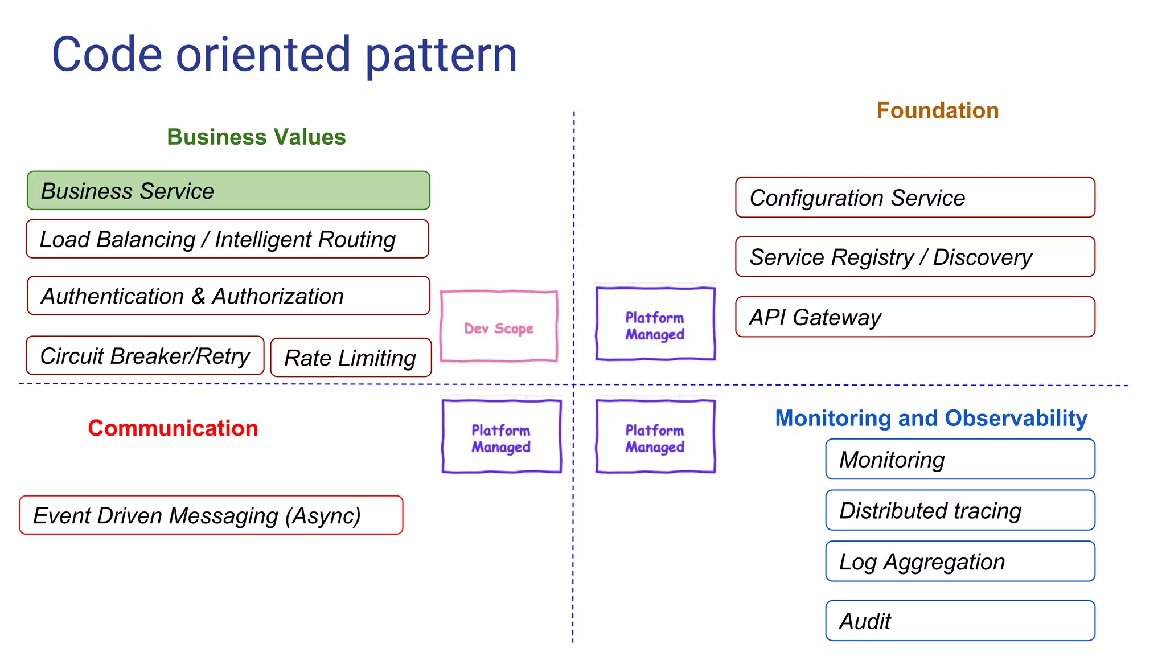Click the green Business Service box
[x=228, y=191]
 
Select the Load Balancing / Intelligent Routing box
[x=227, y=239]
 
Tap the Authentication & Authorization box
[x=228, y=296]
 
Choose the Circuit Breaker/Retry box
[x=145, y=356]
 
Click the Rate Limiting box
[x=351, y=358]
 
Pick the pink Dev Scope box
[x=499, y=327]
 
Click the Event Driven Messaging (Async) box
[x=211, y=515]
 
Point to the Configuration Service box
[x=915, y=198]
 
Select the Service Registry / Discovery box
[x=915, y=257]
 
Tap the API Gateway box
[x=915, y=317]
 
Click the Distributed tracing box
[x=960, y=510]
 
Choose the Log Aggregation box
[x=960, y=561]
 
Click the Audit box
[x=960, y=621]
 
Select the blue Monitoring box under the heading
[x=960, y=460]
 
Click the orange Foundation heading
[x=938, y=110]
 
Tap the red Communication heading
[x=173, y=428]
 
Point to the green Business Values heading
[x=256, y=137]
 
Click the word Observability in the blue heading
[x=1016, y=419]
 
